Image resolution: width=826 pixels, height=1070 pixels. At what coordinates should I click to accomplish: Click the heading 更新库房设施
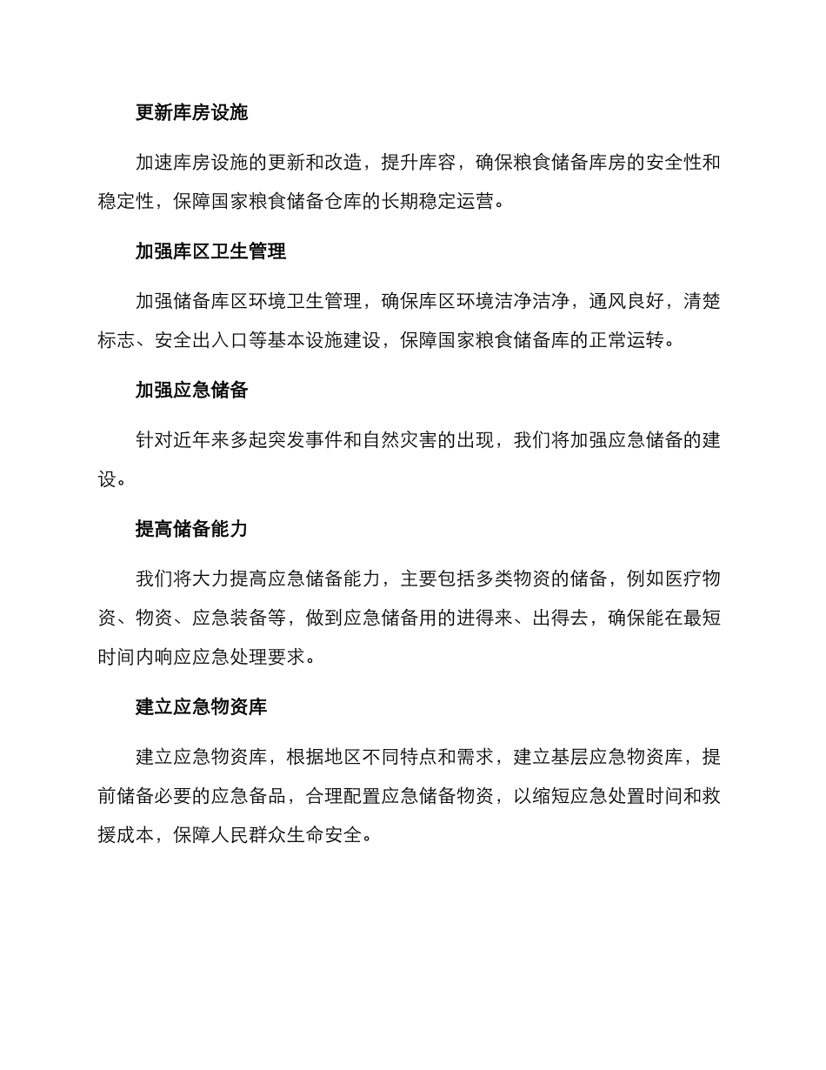[x=191, y=112]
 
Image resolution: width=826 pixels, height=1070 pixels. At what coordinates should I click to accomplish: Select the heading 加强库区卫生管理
[x=210, y=251]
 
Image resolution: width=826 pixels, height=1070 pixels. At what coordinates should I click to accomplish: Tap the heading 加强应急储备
[x=191, y=390]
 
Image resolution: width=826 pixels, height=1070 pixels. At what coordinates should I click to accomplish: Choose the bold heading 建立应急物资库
[x=201, y=706]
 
